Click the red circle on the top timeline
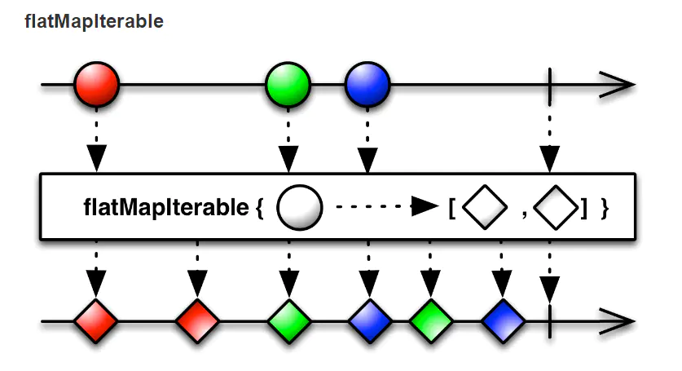pos(96,84)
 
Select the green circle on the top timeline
pos(288,84)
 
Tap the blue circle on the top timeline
pos(367,84)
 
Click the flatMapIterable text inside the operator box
pos(165,208)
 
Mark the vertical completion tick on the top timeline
pos(551,84)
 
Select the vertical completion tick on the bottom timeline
pos(551,320)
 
